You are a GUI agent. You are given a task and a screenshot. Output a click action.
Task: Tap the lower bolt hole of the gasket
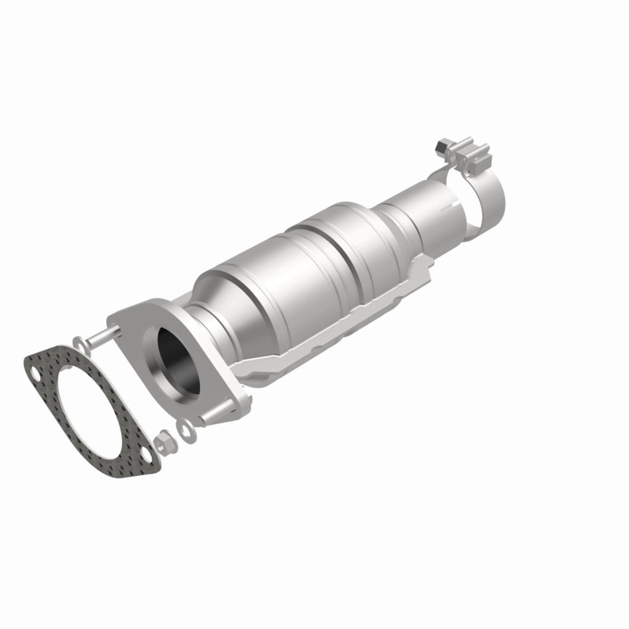[143, 455]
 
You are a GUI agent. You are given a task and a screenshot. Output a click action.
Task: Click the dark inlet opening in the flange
[179, 364]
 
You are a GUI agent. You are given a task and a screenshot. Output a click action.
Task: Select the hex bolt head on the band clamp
[440, 146]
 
